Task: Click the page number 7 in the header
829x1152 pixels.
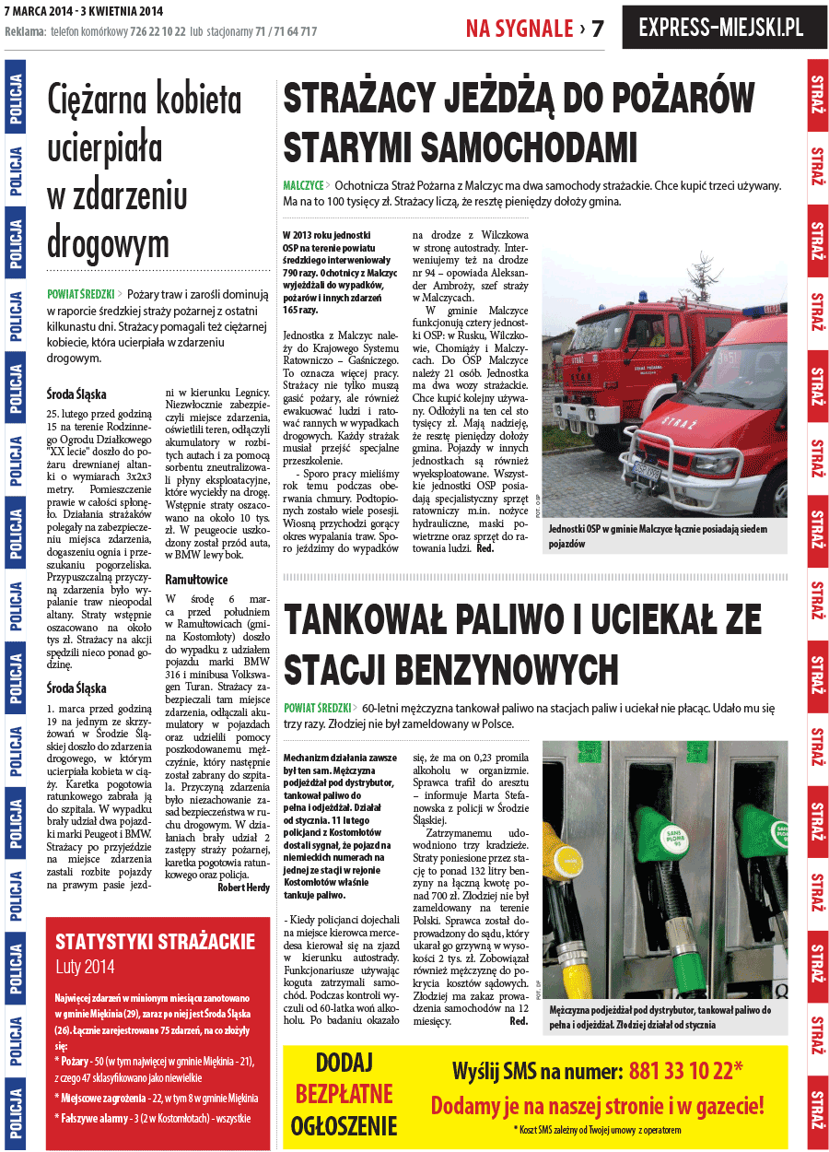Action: (598, 29)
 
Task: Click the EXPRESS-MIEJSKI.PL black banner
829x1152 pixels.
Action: (719, 28)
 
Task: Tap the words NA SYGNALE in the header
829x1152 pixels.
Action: (520, 29)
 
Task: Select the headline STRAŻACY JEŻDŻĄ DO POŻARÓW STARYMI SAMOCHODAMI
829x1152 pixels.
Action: (519, 123)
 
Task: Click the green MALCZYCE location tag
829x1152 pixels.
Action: (303, 185)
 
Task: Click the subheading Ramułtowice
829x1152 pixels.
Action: (196, 580)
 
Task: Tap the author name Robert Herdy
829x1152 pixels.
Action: (244, 888)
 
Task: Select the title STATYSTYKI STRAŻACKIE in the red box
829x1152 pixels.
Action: (156, 941)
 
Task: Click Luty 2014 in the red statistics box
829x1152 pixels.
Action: (85, 968)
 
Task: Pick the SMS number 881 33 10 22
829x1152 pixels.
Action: (685, 1071)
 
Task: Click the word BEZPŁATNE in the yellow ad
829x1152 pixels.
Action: (344, 1094)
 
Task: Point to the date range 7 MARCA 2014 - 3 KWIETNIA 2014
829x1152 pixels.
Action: (84, 11)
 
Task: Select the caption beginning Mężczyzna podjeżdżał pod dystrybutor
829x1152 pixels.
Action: (660, 1017)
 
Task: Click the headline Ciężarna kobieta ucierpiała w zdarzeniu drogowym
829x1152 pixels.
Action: (145, 171)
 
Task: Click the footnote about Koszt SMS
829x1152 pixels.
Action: (597, 1130)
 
